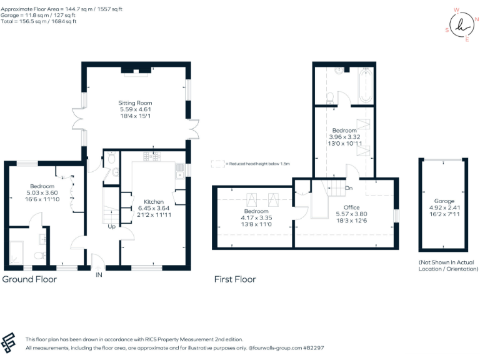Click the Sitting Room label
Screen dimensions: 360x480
(x=136, y=103)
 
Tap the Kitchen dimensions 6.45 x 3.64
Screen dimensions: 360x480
(x=154, y=208)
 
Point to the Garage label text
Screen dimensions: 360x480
(x=445, y=202)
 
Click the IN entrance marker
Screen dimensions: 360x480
(x=98, y=274)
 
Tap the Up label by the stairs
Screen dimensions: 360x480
(x=111, y=226)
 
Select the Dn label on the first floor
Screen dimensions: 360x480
(x=349, y=187)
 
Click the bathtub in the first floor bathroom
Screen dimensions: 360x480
(x=366, y=86)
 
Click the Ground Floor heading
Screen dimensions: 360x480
(x=29, y=279)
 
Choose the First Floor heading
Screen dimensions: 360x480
(x=235, y=279)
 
